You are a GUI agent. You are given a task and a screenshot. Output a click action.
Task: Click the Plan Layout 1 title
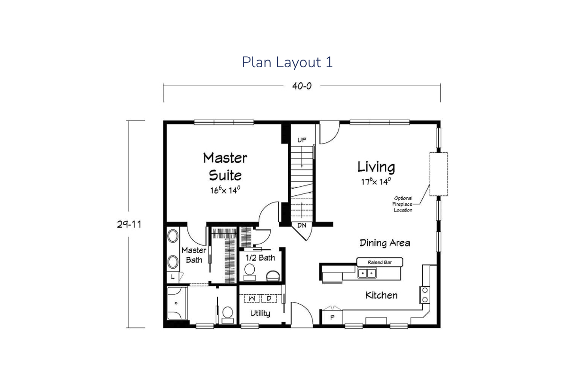[287, 62]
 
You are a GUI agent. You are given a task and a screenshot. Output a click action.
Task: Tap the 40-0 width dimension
[302, 86]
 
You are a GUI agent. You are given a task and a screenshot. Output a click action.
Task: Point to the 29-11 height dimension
[129, 224]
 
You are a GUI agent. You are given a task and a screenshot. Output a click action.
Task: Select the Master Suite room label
[225, 167]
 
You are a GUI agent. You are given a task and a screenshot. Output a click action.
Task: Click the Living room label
[376, 167]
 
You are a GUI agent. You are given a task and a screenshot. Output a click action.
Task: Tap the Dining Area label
[385, 243]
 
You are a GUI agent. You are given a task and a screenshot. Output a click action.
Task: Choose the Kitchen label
[382, 295]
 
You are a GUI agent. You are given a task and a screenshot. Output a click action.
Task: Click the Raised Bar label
[380, 262]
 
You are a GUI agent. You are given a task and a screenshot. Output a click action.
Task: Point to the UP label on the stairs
[302, 140]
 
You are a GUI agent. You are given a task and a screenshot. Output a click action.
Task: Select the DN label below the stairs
[302, 225]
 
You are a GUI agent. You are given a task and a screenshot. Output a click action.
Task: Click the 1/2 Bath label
[260, 258]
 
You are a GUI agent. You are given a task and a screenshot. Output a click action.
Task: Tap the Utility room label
[260, 314]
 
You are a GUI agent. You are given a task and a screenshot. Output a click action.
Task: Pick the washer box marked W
[251, 299]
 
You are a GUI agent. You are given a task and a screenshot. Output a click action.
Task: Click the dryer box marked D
[269, 299]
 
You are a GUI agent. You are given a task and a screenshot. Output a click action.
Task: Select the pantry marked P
[332, 317]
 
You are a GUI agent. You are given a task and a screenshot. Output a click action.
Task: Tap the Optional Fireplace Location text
[403, 204]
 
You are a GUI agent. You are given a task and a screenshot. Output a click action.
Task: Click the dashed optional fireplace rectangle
[438, 174]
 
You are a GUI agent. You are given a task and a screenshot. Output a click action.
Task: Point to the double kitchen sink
[367, 273]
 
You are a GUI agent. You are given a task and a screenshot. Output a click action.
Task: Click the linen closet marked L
[173, 277]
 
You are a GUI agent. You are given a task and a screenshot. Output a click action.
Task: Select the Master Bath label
[194, 255]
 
